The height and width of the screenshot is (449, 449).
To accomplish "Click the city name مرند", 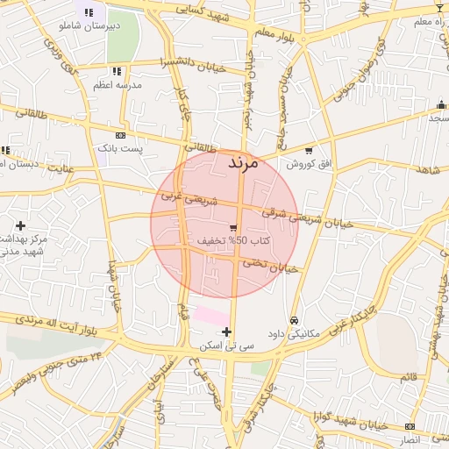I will coord(243,163).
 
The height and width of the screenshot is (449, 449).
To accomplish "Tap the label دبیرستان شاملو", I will coord(88,26).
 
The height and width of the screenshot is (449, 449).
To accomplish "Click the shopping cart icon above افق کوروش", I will coord(308,150).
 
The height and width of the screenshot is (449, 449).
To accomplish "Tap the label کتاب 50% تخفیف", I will coord(233,240).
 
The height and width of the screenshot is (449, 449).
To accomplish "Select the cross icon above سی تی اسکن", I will coord(227,331).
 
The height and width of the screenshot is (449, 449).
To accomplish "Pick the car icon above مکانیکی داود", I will coord(294,321).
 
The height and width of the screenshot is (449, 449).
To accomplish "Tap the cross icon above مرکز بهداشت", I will coord(20,226).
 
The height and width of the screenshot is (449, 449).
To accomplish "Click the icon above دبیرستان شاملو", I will coord(89,12).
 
